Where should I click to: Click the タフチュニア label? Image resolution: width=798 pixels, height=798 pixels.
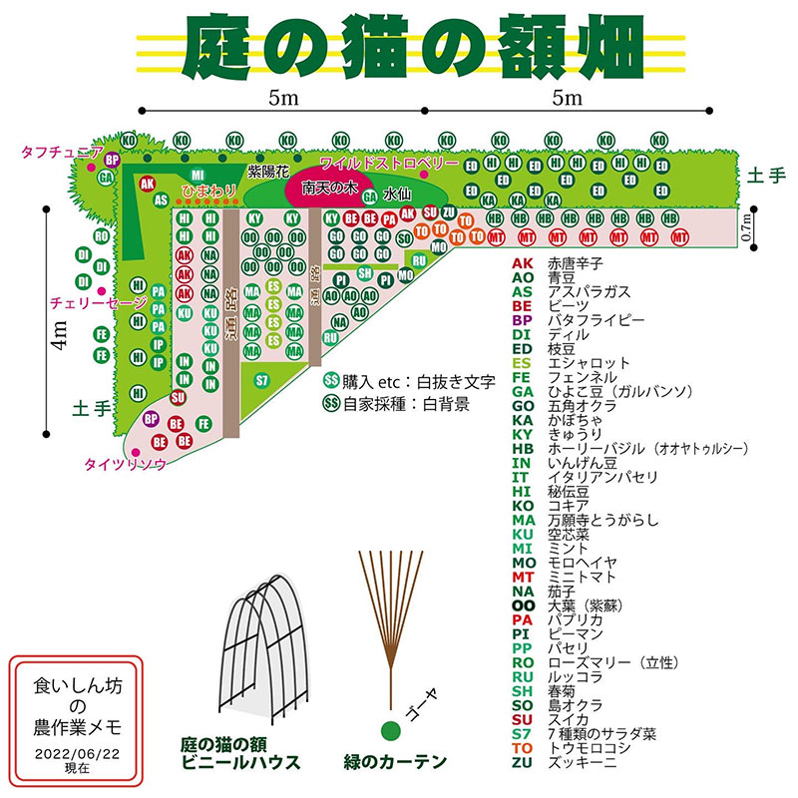(x=62, y=152)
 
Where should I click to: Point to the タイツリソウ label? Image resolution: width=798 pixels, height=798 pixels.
(x=124, y=464)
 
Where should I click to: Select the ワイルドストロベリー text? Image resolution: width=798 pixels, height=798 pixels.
(x=388, y=163)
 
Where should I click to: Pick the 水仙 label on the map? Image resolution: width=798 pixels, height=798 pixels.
(x=398, y=193)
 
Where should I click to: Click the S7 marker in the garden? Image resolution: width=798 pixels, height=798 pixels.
(x=262, y=380)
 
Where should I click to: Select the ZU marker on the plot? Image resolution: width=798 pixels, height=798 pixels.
(x=449, y=212)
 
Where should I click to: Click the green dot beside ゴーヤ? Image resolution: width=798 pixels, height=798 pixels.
(x=388, y=729)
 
